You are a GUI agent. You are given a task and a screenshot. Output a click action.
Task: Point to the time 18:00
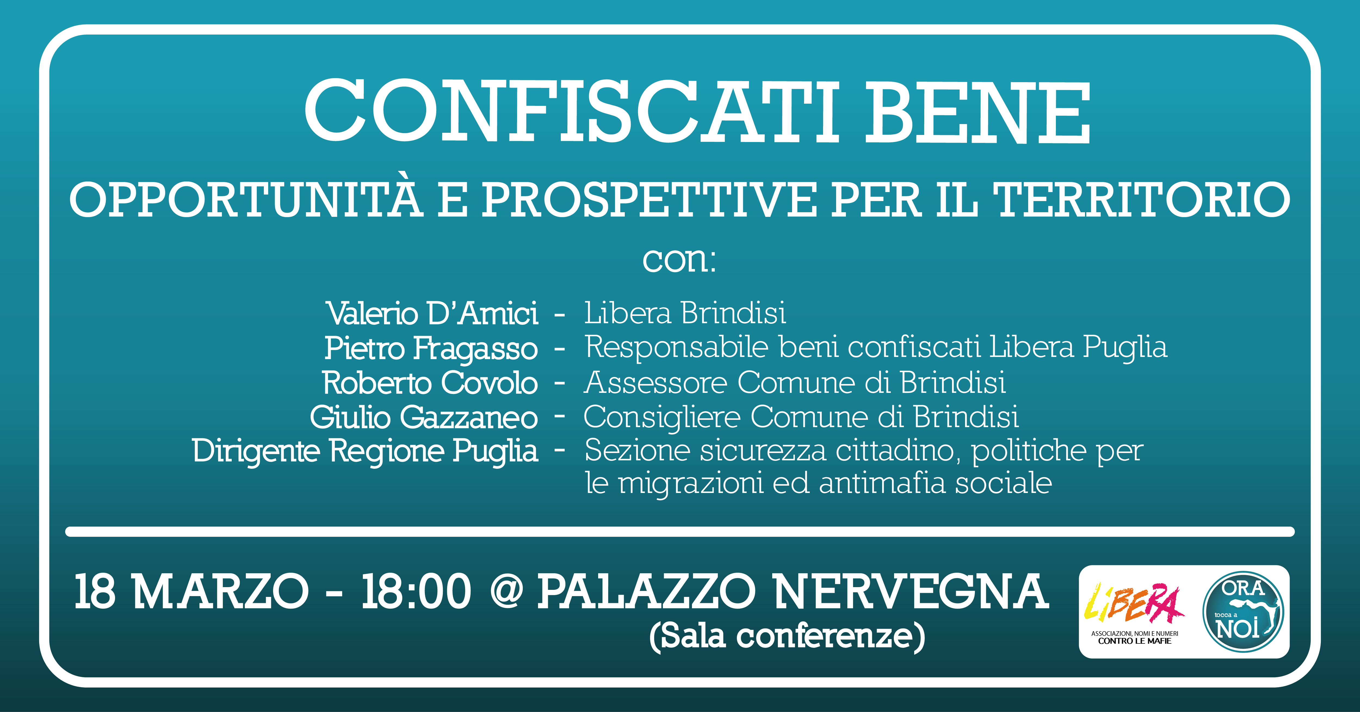[x=416, y=591]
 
